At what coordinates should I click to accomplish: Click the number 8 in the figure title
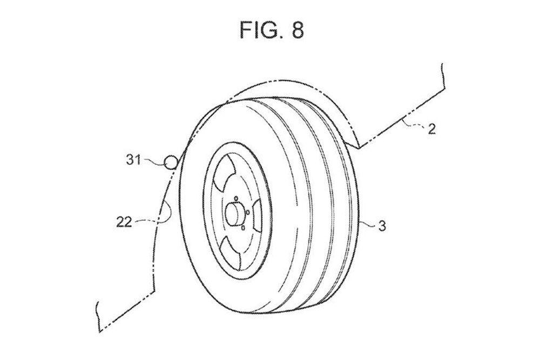click(296, 30)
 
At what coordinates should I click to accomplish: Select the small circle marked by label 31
click(171, 161)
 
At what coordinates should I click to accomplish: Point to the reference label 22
click(124, 222)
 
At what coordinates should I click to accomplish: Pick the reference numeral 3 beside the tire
click(382, 226)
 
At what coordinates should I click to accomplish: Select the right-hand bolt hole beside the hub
click(247, 212)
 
